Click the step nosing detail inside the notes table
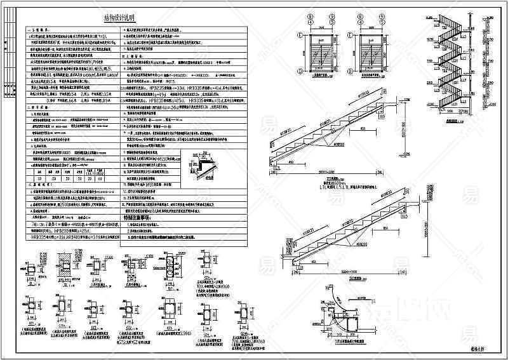click(x=202, y=170)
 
